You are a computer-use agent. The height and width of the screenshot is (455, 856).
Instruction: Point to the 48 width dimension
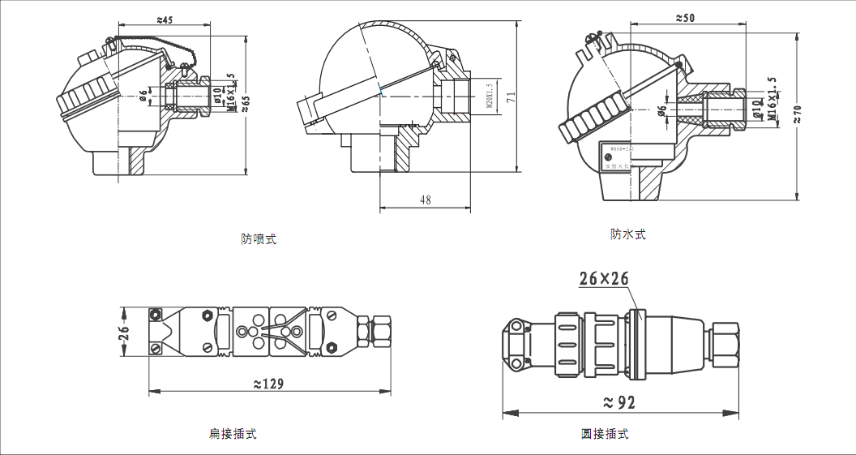tap(426, 200)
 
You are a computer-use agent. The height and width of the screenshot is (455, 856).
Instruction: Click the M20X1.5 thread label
tap(490, 96)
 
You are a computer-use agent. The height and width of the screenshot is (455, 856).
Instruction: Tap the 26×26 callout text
tap(604, 279)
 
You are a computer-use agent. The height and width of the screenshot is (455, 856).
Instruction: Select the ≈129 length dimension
tap(269, 384)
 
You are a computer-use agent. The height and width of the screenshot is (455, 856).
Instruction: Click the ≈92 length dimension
tap(620, 401)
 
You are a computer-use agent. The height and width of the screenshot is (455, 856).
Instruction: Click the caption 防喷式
tap(259, 239)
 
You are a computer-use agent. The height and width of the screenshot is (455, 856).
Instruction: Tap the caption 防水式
tap(628, 234)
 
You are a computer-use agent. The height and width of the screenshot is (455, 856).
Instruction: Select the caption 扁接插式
tap(233, 434)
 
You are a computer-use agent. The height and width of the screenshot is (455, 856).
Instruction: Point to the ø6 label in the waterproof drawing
tap(661, 110)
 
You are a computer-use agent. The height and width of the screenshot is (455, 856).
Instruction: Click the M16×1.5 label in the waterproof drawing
tap(772, 100)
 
